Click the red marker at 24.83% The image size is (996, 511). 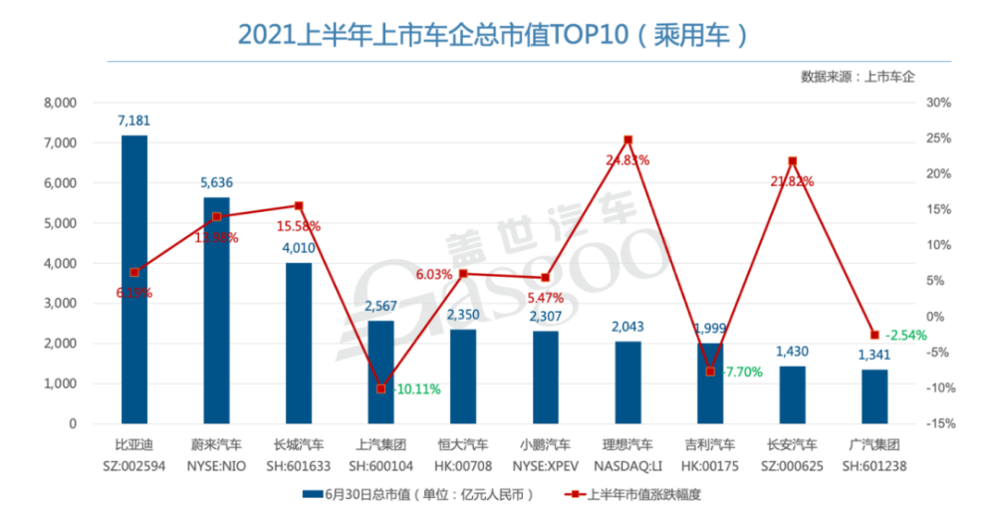(x=627, y=140)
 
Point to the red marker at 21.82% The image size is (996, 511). (x=792, y=160)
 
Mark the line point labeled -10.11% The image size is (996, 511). (x=380, y=388)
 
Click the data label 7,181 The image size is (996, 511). (x=133, y=121)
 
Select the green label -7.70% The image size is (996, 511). (x=743, y=371)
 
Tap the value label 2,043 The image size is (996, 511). (x=627, y=327)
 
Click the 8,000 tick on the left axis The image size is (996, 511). (x=61, y=103)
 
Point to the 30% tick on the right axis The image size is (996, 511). (x=939, y=103)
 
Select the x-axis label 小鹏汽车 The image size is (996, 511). (x=545, y=444)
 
